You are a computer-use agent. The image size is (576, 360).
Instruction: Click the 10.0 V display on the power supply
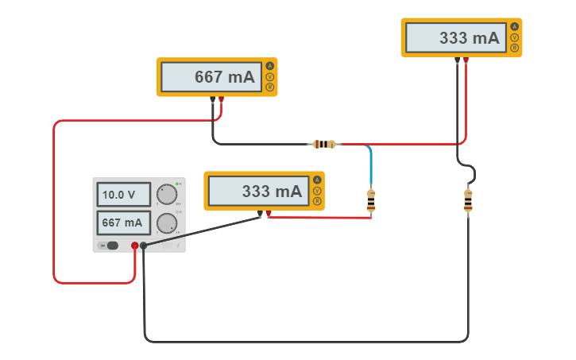click(124, 195)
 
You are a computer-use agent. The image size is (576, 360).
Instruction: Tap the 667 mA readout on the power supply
click(124, 223)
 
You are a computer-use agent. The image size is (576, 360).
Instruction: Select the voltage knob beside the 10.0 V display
click(167, 194)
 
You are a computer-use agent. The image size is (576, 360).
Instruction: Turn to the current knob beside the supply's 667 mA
click(167, 223)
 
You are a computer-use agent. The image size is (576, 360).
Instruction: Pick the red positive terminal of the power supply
click(135, 246)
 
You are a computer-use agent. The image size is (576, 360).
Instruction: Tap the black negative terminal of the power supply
click(144, 246)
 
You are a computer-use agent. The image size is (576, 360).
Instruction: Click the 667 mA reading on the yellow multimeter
click(211, 77)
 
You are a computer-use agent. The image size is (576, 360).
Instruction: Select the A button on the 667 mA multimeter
click(269, 66)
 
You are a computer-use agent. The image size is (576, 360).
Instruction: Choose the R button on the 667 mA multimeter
click(269, 88)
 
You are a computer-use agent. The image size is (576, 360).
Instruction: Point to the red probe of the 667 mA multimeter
click(221, 100)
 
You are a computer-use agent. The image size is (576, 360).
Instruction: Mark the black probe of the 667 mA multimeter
click(212, 100)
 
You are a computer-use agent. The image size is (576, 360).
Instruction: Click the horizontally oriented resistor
click(323, 144)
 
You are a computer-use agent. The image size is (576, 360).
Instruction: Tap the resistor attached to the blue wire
click(370, 202)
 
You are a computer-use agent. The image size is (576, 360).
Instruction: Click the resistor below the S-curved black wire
click(468, 202)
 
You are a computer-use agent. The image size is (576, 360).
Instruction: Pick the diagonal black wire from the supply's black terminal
click(203, 231)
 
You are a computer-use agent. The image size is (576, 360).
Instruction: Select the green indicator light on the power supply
click(179, 184)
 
